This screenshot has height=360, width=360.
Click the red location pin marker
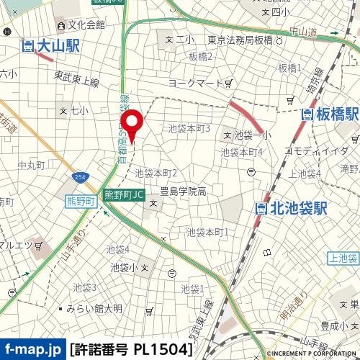pyautogui.click(x=131, y=120)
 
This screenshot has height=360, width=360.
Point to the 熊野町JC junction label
pyautogui.click(x=125, y=194)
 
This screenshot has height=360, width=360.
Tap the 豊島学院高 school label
pyautogui.click(x=183, y=192)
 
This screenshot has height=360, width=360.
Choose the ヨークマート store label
pyautogui.click(x=196, y=84)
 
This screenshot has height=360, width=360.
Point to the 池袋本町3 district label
pyautogui.click(x=189, y=128)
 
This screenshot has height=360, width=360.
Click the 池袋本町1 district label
pyautogui.click(x=207, y=232)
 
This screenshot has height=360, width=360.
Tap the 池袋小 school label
pyautogui.click(x=124, y=267)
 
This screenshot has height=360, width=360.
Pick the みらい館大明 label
pyautogui.click(x=94, y=308)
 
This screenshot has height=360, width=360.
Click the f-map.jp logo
pyautogui.click(x=32, y=350)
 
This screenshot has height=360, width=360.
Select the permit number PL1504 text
pyautogui.click(x=132, y=350)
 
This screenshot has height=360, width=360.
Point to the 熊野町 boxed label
pyautogui.click(x=81, y=202)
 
